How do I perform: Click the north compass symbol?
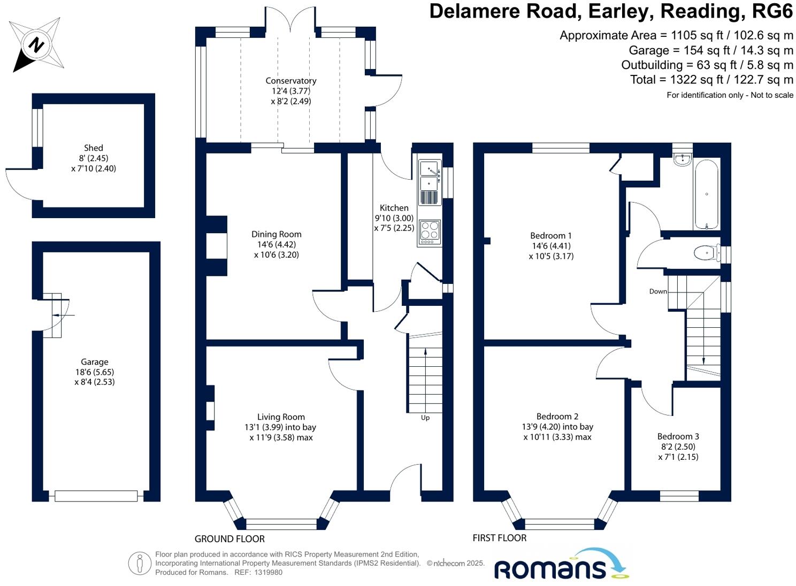36,44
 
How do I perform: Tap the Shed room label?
94,148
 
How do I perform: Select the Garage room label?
95,362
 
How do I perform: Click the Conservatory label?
291,81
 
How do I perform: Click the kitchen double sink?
430,176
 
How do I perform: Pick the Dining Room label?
277,234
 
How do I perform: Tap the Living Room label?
281,417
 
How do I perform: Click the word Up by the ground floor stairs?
425,418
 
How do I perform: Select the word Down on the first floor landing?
658,291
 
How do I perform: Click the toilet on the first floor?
706,252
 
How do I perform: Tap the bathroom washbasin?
682,159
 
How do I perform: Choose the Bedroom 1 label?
551,236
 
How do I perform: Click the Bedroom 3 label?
678,436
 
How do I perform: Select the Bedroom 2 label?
557,417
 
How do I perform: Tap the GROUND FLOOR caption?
229,539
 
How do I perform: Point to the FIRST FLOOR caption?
500,538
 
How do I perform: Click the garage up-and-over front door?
96,496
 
